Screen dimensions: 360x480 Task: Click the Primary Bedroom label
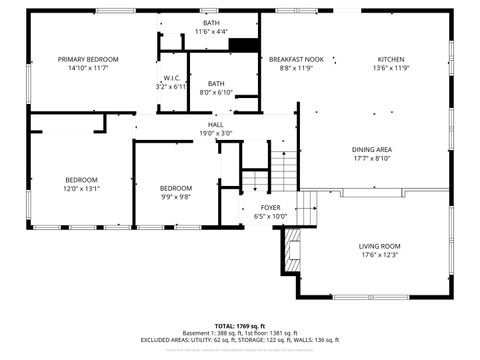pos(88,60)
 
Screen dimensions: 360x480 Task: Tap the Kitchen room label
pos(391,60)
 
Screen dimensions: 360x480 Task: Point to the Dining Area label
pos(371,149)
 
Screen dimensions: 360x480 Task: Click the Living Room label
pos(379,246)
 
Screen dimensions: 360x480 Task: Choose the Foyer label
pos(269,207)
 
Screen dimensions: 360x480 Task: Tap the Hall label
pos(215,124)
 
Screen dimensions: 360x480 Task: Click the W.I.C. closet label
pos(172,78)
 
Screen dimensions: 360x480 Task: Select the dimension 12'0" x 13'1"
pos(82,188)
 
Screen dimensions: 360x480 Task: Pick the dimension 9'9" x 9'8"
pos(176,197)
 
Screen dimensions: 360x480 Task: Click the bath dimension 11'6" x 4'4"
pos(211,32)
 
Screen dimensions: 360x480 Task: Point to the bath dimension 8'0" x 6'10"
pos(215,93)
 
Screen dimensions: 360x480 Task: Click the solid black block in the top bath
pos(243,44)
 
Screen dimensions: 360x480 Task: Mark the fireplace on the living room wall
pos(292,249)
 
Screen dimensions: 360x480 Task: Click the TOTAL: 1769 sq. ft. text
pos(239,326)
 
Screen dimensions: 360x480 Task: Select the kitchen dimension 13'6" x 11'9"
pos(391,69)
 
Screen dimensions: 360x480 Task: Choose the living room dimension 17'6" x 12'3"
pos(379,255)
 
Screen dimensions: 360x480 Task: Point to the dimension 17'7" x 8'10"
pos(371,158)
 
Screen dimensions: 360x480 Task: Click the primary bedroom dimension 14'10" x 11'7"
pos(88,69)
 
